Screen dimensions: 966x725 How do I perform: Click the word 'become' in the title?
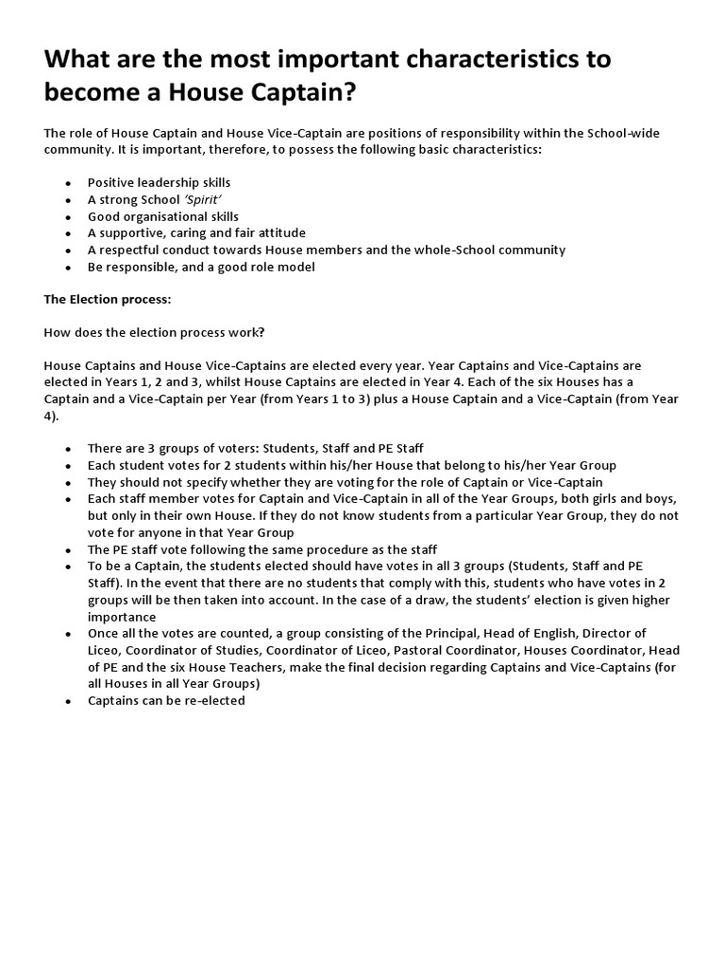click(93, 94)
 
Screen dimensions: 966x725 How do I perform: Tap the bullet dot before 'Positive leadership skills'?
click(68, 183)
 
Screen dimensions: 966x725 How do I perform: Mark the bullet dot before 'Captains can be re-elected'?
click(68, 702)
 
